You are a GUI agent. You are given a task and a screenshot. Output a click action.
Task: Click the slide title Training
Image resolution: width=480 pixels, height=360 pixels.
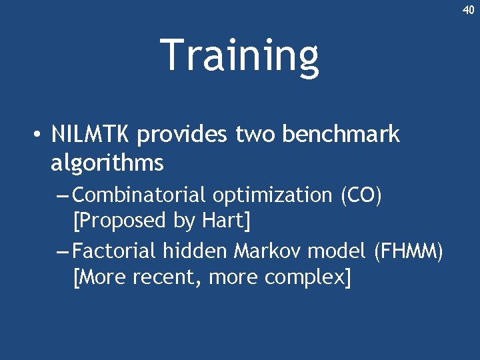(x=239, y=56)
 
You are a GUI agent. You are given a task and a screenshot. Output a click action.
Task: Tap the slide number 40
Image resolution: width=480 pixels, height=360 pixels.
(x=468, y=9)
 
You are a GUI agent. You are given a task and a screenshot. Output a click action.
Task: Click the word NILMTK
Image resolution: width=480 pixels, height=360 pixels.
(x=92, y=135)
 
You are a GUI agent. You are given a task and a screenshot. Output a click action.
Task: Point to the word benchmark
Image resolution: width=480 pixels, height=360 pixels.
(x=341, y=135)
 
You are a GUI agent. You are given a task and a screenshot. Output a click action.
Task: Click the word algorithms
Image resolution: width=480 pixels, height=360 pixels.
(x=107, y=163)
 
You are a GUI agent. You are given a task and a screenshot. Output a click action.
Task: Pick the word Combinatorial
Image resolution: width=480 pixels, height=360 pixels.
(x=139, y=195)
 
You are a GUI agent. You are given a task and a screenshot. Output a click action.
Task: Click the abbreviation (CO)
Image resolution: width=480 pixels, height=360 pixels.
(x=361, y=196)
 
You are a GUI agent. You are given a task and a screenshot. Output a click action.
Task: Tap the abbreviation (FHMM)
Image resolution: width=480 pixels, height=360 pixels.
(x=408, y=251)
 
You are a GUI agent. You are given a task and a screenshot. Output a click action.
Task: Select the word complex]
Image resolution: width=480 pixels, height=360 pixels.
(x=307, y=276)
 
